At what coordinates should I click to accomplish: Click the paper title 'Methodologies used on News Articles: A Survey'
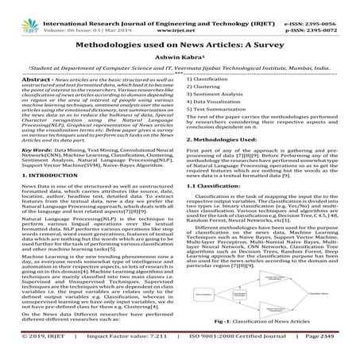coord(180,48)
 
